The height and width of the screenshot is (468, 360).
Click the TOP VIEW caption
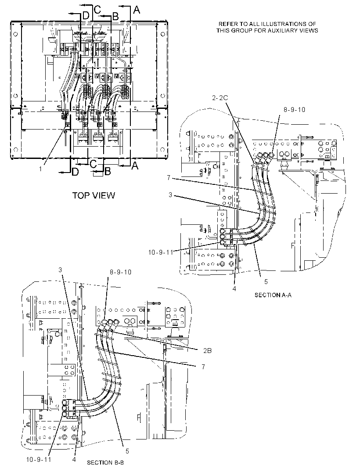pyautogui.click(x=94, y=195)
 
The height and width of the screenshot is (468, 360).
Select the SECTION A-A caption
pyautogui.click(x=273, y=295)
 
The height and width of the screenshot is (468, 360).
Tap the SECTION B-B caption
pyautogui.click(x=105, y=462)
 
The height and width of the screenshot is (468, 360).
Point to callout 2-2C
pyautogui.click(x=220, y=97)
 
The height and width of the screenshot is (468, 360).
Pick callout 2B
pyautogui.click(x=208, y=351)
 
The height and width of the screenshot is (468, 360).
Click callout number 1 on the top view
pyautogui.click(x=40, y=169)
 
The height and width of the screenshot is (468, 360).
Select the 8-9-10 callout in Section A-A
pyautogui.click(x=294, y=110)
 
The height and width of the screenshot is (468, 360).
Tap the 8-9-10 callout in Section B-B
pyautogui.click(x=120, y=272)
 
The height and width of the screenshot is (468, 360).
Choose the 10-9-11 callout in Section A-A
pyautogui.click(x=161, y=252)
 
